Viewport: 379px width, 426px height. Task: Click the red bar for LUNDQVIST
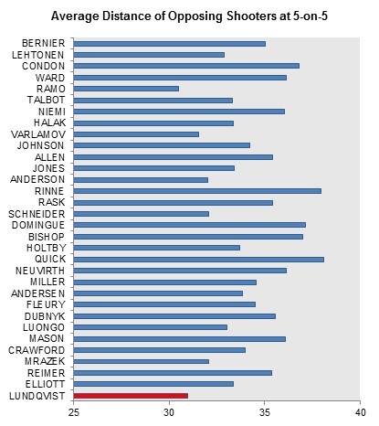pyautogui.click(x=131, y=396)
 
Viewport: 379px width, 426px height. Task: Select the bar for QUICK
pyautogui.click(x=199, y=260)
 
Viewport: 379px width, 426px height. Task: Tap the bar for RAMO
pyautogui.click(x=126, y=89)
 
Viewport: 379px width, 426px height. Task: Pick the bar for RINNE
pyautogui.click(x=197, y=191)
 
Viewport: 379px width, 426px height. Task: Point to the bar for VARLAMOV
pyautogui.click(x=136, y=134)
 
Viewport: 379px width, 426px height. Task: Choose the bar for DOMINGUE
pyautogui.click(x=190, y=225)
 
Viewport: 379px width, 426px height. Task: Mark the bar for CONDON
pyautogui.click(x=186, y=66)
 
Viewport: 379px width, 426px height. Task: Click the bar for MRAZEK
pyautogui.click(x=142, y=361)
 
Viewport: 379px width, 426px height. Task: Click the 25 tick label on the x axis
pyautogui.click(x=74, y=412)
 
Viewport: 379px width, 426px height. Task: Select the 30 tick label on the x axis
pyautogui.click(x=169, y=412)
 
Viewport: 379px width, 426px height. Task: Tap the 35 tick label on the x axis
pyautogui.click(x=265, y=412)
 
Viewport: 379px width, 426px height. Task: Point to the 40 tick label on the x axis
pyautogui.click(x=360, y=412)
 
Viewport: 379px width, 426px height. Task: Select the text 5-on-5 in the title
pyautogui.click(x=311, y=16)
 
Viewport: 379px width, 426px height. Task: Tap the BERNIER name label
pyautogui.click(x=44, y=43)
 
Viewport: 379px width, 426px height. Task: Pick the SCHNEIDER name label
pyautogui.click(x=37, y=214)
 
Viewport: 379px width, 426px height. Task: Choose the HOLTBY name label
pyautogui.click(x=46, y=248)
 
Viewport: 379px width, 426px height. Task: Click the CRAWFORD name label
pyautogui.click(x=37, y=350)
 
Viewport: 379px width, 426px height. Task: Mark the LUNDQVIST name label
pyautogui.click(x=37, y=396)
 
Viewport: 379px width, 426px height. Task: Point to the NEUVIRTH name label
pyautogui.click(x=40, y=271)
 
